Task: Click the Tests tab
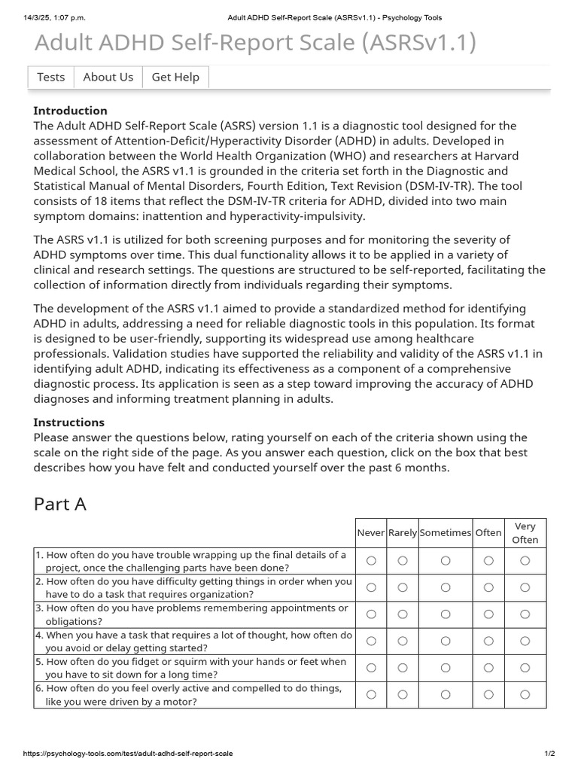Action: coord(50,77)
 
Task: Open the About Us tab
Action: coord(108,77)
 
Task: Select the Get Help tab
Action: coord(175,77)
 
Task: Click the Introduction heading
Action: coord(70,111)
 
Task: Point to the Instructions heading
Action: coord(68,422)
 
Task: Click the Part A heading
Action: coord(60,504)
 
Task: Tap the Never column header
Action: coord(370,532)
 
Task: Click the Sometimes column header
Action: coord(445,532)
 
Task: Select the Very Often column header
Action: coord(525,532)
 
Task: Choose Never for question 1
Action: coord(370,560)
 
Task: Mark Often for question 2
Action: coord(488,587)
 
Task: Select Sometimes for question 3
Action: coord(446,614)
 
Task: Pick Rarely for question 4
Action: coord(403,641)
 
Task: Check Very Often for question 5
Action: coord(525,668)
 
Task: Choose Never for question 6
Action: coord(370,694)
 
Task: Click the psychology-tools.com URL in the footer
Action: coord(128,754)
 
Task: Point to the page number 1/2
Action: coord(549,754)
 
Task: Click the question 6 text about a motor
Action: coord(192,695)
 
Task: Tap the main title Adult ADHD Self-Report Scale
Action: coord(255,43)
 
